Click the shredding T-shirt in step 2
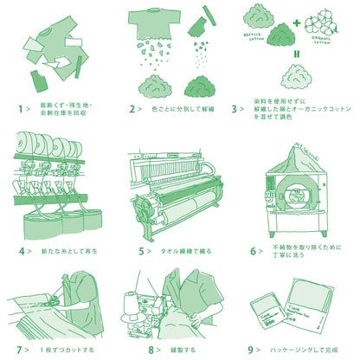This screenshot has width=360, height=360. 157,24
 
